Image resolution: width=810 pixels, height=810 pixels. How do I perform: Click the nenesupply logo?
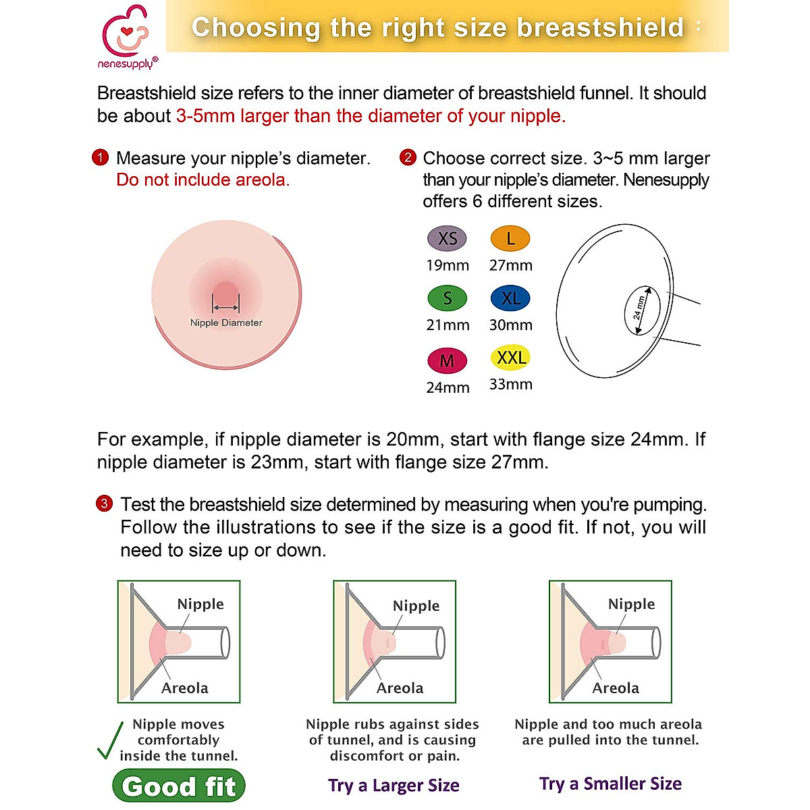(x=127, y=37)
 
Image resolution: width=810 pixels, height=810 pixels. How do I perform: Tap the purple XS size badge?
(x=447, y=238)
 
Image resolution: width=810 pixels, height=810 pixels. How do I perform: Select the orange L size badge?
(x=510, y=238)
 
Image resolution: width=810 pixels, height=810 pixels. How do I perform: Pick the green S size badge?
(x=447, y=298)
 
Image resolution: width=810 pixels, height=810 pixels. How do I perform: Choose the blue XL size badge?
(x=510, y=298)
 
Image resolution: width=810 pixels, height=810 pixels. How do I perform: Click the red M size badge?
(x=447, y=360)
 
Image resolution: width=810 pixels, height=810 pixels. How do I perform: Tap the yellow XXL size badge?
(x=511, y=357)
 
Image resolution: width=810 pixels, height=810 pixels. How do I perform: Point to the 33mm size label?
(x=511, y=384)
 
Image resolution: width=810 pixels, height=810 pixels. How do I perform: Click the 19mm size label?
(x=447, y=265)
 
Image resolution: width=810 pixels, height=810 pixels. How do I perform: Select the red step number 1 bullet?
(x=100, y=158)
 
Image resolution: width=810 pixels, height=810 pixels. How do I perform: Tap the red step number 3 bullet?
(x=104, y=504)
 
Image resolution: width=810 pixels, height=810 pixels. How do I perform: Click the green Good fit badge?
(x=179, y=786)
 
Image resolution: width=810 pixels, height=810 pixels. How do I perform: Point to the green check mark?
(x=110, y=740)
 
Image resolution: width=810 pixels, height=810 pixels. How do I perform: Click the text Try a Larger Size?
(x=394, y=785)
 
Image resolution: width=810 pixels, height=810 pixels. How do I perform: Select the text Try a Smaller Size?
(x=610, y=784)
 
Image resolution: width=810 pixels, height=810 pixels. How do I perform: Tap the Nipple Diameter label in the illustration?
(x=226, y=323)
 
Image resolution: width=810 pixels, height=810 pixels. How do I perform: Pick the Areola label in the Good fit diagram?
(x=184, y=688)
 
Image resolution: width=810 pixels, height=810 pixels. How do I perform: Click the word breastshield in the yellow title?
(x=600, y=28)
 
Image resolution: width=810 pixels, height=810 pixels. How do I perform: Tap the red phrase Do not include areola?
(x=202, y=180)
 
